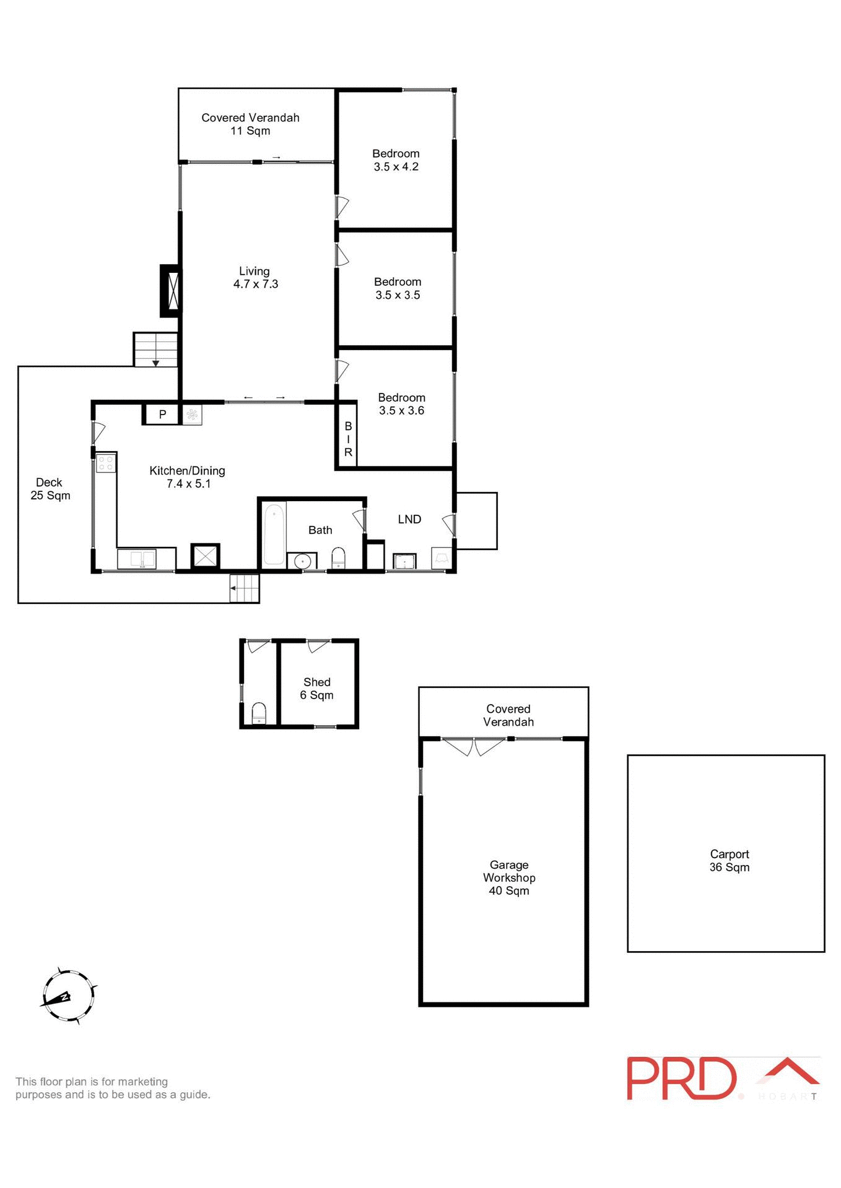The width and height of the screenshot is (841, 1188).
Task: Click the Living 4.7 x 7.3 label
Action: [x=255, y=278]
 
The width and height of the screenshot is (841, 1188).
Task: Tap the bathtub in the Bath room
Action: [x=274, y=534]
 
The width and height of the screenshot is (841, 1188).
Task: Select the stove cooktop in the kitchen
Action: [x=106, y=463]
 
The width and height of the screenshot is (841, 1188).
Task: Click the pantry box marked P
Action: [x=162, y=415]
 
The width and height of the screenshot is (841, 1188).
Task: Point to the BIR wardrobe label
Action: [x=348, y=439]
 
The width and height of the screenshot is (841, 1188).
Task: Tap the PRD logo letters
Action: [x=681, y=1078]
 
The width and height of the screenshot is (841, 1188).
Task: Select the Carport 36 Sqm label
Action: [x=729, y=861]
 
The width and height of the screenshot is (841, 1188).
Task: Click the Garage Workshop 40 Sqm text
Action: [x=508, y=877]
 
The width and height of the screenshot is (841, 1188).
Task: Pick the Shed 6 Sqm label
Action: [x=316, y=689]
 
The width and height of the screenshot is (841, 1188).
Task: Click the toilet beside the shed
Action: [x=259, y=713]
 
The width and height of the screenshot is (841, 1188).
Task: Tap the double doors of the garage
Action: [x=474, y=747]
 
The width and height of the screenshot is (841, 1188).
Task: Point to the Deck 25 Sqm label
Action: [x=50, y=489]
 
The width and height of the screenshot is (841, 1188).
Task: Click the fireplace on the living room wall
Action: [x=171, y=291]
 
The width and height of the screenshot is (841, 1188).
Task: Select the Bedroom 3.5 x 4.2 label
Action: [x=396, y=160]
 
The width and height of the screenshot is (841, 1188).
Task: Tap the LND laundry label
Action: [x=409, y=520]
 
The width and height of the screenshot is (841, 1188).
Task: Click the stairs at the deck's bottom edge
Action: [x=245, y=588]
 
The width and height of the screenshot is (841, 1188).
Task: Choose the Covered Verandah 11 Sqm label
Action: [x=250, y=124]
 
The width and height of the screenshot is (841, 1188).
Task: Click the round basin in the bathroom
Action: [x=302, y=561]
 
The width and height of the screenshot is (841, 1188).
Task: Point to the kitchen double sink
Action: [x=137, y=559]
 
